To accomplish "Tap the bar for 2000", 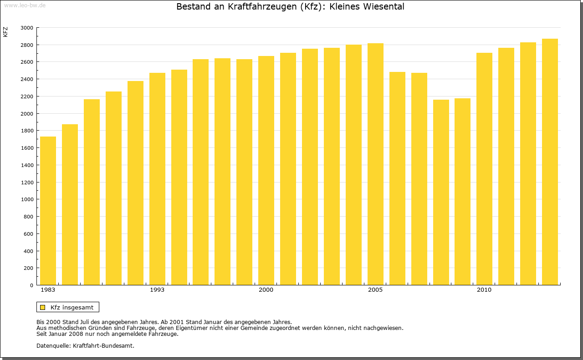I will [266, 171].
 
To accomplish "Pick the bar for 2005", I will [375, 164].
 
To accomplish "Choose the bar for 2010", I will [484, 169].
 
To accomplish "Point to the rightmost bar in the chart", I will [550, 162].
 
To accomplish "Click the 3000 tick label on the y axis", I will [27, 28].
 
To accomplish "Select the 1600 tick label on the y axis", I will [27, 148].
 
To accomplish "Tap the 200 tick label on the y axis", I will [28, 268].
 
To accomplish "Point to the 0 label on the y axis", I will [31, 285].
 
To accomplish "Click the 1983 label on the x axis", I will [48, 290].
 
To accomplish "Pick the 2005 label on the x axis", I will [375, 290].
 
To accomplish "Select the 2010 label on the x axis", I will [484, 290].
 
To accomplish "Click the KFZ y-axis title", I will [5, 32].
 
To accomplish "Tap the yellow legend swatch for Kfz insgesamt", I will [42, 308].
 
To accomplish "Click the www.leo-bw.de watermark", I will [25, 5].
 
